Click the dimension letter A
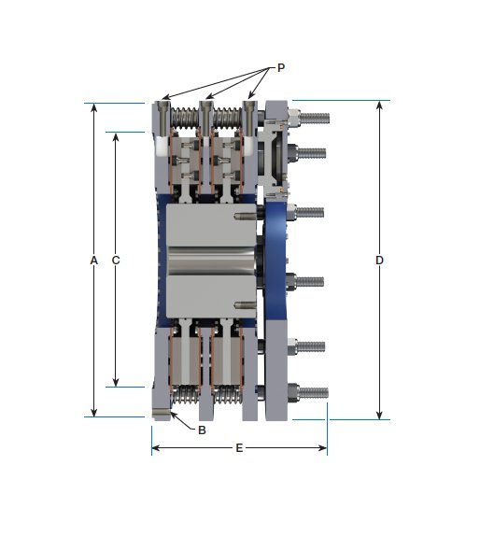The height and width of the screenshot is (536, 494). pos(93,261)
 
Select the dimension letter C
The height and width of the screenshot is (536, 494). pos(116,261)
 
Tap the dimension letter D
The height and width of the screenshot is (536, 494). pos(380,261)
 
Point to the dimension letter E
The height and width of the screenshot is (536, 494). pos(239,449)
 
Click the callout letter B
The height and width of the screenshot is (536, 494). pos(202,430)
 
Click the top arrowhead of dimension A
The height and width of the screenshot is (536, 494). pos(93,106)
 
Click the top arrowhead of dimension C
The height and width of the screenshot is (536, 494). pos(116,136)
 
